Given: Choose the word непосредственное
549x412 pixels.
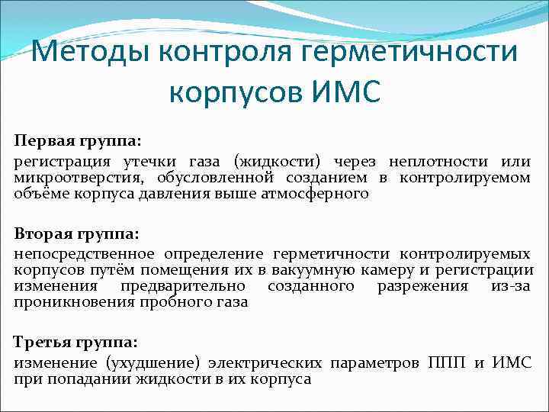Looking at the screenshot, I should (x=84, y=254).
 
